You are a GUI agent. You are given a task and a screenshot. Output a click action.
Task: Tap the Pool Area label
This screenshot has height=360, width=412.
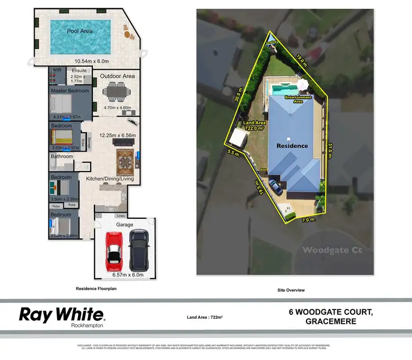(x=79, y=31)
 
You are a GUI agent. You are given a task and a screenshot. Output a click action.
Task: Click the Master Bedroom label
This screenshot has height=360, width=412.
(x=70, y=91)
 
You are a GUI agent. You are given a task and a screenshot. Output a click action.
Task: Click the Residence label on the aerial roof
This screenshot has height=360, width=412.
(x=292, y=146)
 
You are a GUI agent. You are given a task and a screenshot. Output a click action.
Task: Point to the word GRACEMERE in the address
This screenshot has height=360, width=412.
(x=331, y=322)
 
